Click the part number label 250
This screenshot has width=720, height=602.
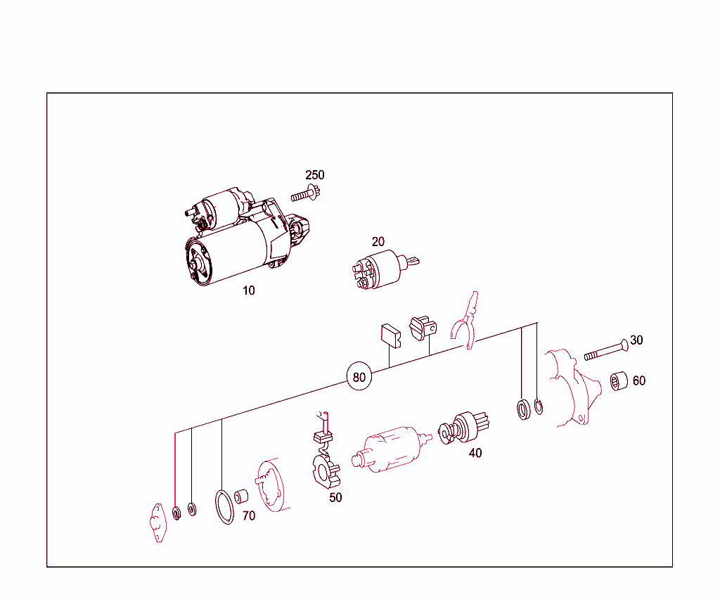click(314, 175)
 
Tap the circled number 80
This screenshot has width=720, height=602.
click(359, 376)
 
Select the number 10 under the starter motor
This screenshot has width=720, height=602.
click(248, 290)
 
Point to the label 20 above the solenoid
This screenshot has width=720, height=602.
click(378, 241)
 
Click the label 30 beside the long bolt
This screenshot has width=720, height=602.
click(636, 340)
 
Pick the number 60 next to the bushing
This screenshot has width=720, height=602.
click(638, 380)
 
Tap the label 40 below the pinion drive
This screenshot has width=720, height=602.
click(475, 453)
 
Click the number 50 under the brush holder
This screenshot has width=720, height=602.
click(335, 497)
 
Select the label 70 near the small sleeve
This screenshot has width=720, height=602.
click(249, 515)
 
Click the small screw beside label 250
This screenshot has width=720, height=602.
click(305, 194)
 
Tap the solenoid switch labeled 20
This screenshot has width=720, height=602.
click(385, 269)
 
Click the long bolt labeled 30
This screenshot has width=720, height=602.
click(606, 350)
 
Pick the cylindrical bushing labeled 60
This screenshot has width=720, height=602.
click(619, 380)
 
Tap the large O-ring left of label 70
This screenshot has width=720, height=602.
click(224, 507)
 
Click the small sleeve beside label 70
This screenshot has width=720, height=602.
click(241, 497)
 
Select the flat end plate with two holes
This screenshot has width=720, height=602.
click(157, 523)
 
